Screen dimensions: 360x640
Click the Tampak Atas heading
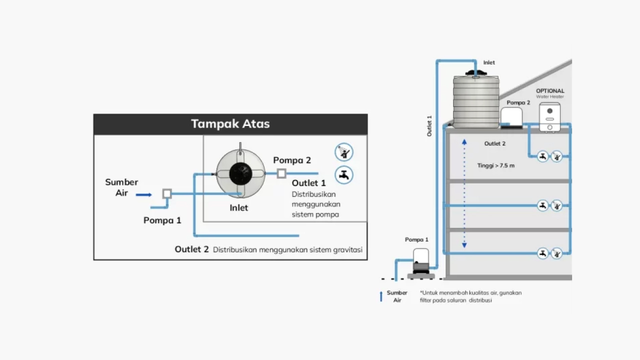pos(230,124)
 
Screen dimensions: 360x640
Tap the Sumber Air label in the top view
pos(121,187)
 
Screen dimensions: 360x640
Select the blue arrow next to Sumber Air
pos(143,194)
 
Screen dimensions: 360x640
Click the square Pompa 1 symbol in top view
pos(167,193)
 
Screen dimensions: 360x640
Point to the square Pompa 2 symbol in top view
pos(281,173)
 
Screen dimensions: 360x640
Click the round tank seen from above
pos(240,173)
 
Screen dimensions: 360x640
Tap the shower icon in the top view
pos(343,152)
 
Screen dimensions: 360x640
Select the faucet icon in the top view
pos(343,175)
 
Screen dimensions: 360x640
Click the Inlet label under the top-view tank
pos(238,208)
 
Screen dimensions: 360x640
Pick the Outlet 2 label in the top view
pos(191,249)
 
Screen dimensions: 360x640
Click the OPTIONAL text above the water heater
pos(550,91)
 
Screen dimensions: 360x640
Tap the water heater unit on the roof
pos(549,117)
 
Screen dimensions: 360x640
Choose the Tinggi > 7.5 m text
pos(495,165)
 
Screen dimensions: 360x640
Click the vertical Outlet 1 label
pos(429,126)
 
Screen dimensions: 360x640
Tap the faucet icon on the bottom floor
pos(542,253)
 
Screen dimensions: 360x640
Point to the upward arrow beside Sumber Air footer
pos(381,296)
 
